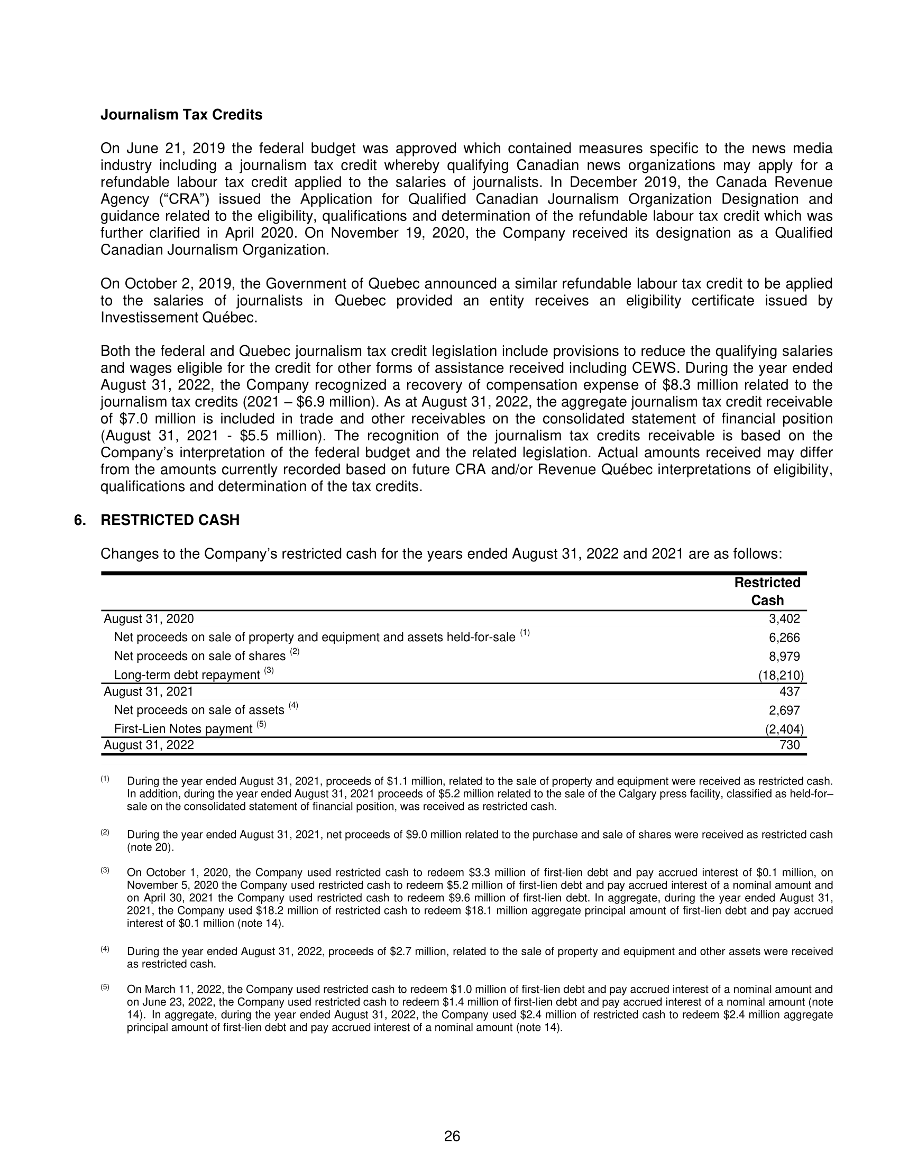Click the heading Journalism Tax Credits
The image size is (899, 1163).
(x=181, y=115)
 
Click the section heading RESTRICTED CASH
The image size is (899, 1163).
(x=170, y=520)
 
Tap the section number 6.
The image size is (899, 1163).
(x=79, y=520)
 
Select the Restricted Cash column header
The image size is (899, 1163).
(x=767, y=591)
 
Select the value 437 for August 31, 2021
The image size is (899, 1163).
(x=790, y=691)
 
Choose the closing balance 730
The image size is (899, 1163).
(x=790, y=745)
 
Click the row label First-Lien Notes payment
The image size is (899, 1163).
(x=183, y=729)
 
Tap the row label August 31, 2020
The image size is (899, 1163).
(x=149, y=619)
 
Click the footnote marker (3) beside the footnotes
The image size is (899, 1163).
(x=105, y=870)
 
